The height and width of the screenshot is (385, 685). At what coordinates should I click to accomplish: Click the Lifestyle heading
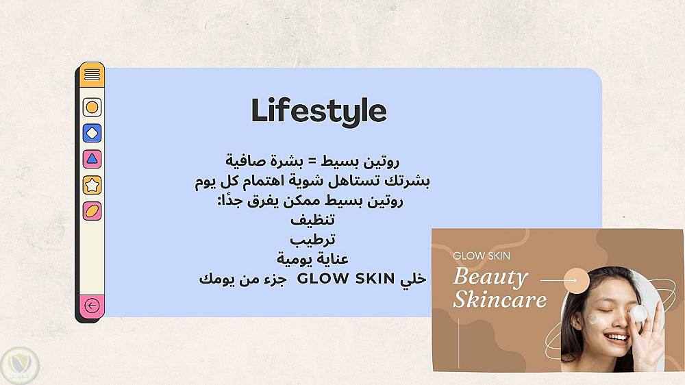319,111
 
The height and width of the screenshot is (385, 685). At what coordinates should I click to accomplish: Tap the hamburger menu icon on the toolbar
92,75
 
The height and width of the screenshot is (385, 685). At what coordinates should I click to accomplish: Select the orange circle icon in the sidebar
92,107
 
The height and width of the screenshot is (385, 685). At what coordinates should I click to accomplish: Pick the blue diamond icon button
92,133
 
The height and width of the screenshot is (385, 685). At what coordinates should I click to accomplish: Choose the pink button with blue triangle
92,159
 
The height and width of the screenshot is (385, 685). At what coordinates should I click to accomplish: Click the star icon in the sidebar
92,185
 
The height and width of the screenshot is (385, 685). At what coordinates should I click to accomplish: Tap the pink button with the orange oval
92,211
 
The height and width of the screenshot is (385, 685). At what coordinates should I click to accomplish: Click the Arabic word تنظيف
313,219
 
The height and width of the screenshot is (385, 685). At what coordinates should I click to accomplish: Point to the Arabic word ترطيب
313,239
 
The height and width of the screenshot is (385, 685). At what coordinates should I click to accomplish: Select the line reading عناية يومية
313,259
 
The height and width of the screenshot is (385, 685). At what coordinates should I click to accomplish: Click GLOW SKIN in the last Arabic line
345,278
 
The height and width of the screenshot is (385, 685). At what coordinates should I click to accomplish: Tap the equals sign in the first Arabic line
312,161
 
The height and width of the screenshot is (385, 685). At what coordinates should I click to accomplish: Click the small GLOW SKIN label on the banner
482,256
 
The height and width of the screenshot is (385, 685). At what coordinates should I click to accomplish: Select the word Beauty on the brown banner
491,277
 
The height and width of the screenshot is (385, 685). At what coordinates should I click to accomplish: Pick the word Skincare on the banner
500,299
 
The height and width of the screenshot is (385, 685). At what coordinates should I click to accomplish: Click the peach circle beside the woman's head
577,281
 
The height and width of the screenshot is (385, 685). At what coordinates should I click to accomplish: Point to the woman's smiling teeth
616,337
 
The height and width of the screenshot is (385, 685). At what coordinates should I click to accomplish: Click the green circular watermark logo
20,365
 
